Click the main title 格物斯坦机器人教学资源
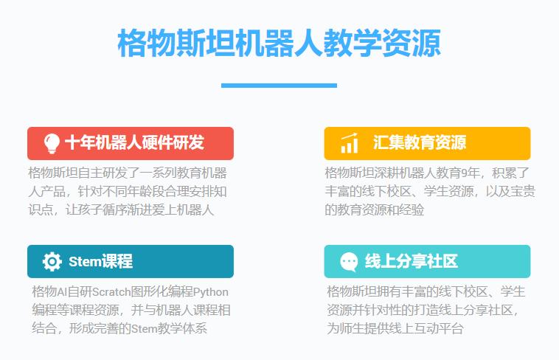279,43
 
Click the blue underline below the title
279,86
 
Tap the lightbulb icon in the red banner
52,143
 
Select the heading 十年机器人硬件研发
134,143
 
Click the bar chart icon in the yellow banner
350,143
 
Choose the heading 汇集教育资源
419,143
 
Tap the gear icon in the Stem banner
52,261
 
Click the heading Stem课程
100,261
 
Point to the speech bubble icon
349,261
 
